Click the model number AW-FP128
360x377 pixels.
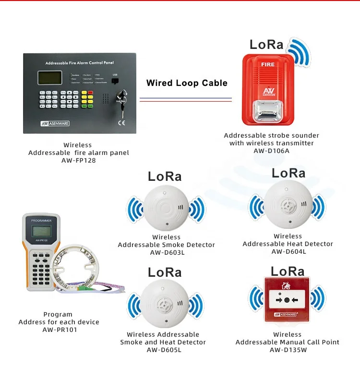coord(78,161)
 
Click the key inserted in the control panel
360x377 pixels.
coord(121,101)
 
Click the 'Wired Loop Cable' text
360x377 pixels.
coord(187,83)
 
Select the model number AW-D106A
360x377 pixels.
coord(271,151)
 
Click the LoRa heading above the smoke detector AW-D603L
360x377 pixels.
coord(165,176)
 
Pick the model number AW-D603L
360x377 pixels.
coord(167,253)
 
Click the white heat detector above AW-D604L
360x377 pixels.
coord(287,206)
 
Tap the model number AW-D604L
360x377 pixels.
coord(288,252)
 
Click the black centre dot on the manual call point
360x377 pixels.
coord(287,300)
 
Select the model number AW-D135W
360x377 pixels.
coord(287,350)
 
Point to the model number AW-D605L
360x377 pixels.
coord(163,350)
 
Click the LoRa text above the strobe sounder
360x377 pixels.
coord(266,45)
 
